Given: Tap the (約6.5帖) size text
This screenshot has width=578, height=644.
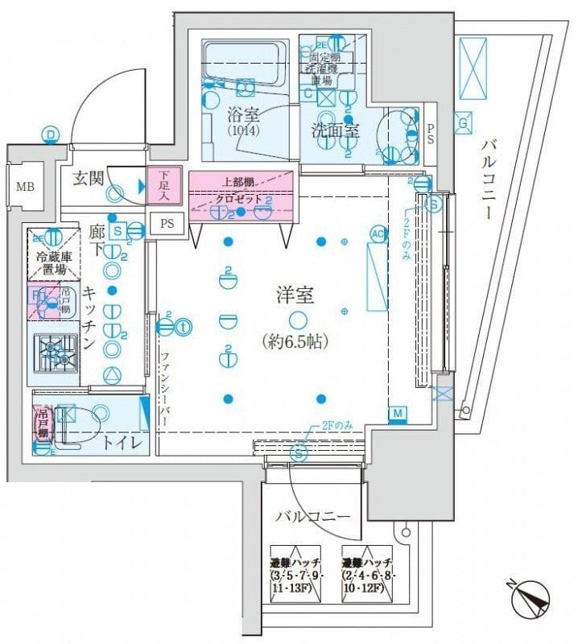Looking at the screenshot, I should (296, 341).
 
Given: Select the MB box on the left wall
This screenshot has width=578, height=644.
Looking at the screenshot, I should (26, 188).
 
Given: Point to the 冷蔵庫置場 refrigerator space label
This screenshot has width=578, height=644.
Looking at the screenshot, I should (53, 263).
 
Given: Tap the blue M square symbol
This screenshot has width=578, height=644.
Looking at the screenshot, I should (397, 415).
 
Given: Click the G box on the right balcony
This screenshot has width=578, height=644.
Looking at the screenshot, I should (464, 124).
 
